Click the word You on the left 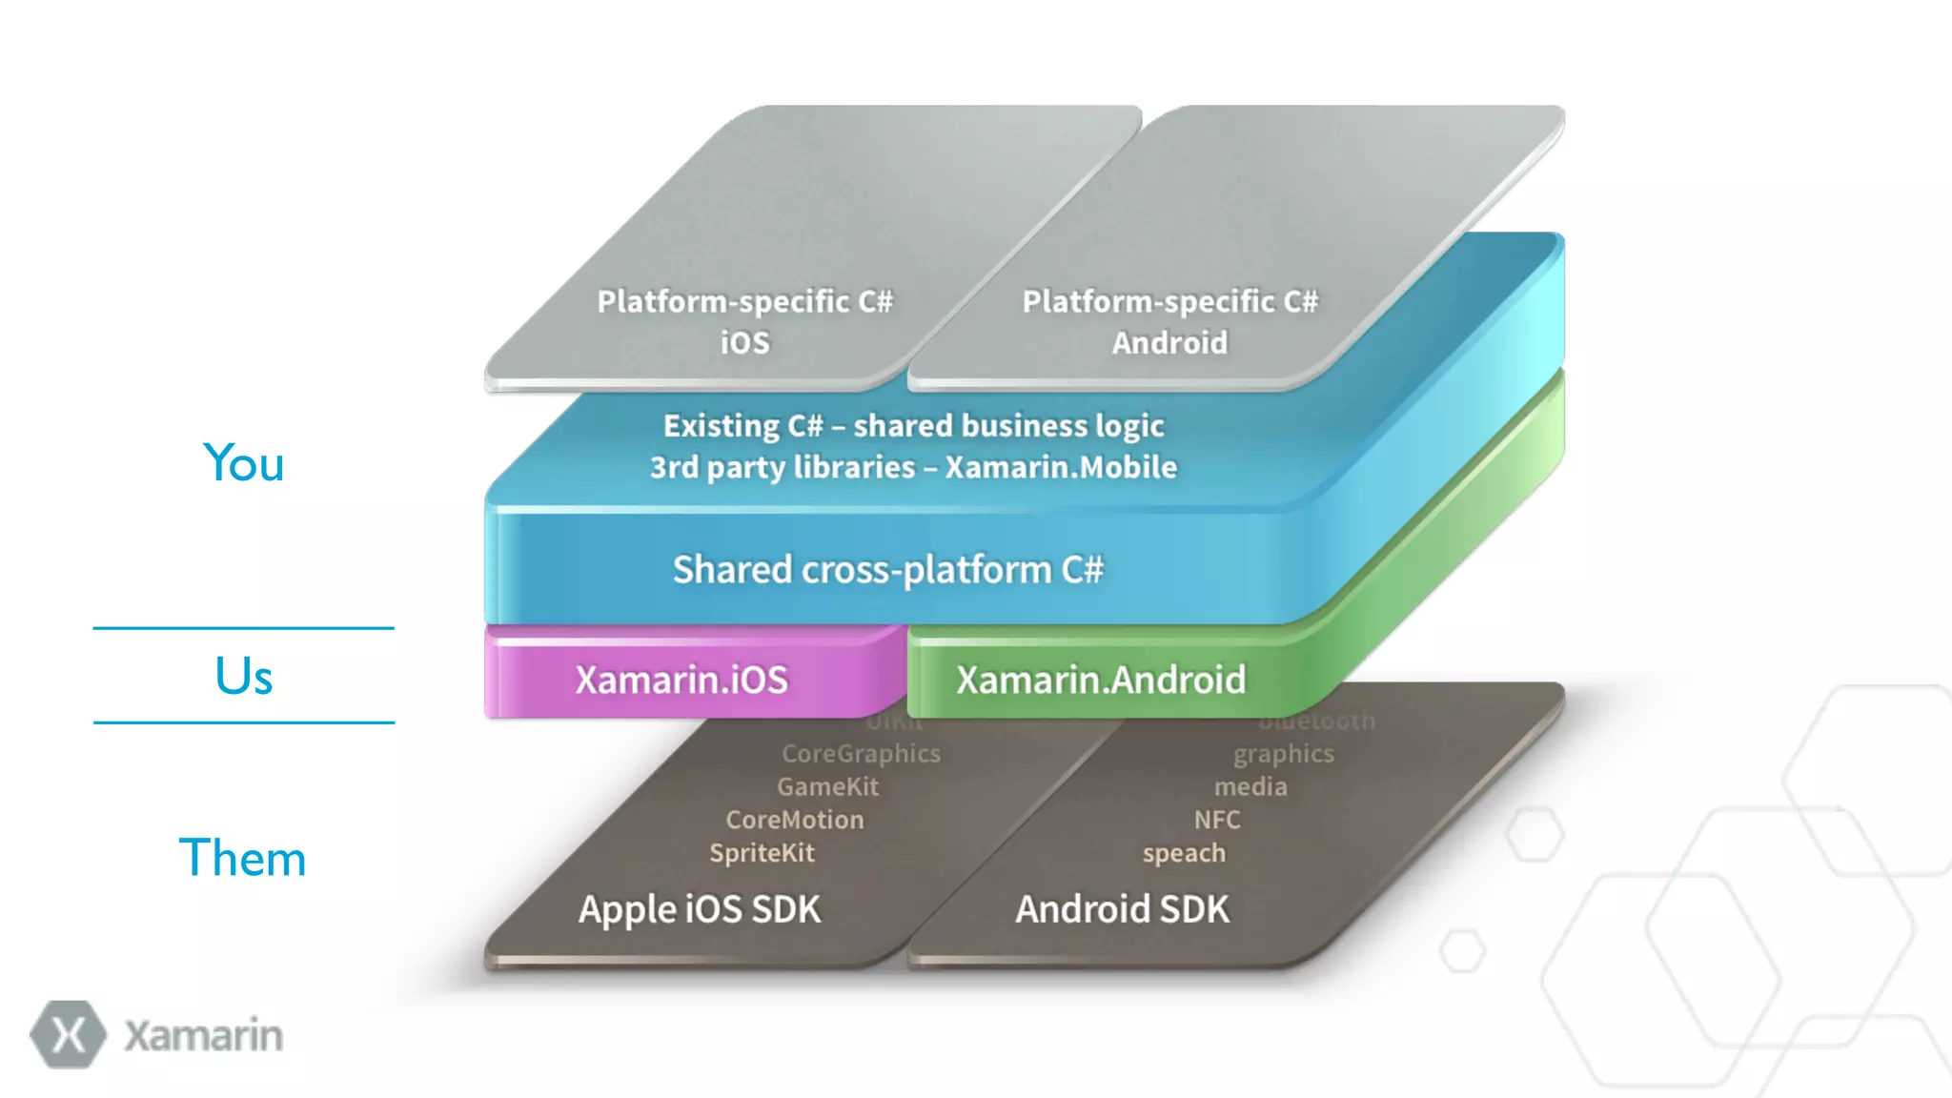pyautogui.click(x=244, y=464)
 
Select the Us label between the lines pyautogui.click(x=244, y=677)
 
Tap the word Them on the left pyautogui.click(x=243, y=858)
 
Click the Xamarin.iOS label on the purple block pyautogui.click(x=681, y=681)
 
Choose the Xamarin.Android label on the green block pyautogui.click(x=1101, y=681)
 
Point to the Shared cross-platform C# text pyautogui.click(x=887, y=570)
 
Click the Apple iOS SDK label pyautogui.click(x=700, y=909)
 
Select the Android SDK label pyautogui.click(x=1122, y=909)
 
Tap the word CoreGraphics pyautogui.click(x=861, y=754)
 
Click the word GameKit pyautogui.click(x=827, y=787)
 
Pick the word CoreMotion pyautogui.click(x=795, y=820)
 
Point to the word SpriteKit pyautogui.click(x=762, y=853)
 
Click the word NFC pyautogui.click(x=1217, y=820)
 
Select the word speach pyautogui.click(x=1184, y=853)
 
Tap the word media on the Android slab pyautogui.click(x=1250, y=787)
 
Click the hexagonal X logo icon pyautogui.click(x=68, y=1034)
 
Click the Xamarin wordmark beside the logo pyautogui.click(x=203, y=1036)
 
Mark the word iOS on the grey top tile pyautogui.click(x=744, y=343)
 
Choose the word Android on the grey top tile pyautogui.click(x=1169, y=343)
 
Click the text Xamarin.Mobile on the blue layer pyautogui.click(x=1061, y=467)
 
